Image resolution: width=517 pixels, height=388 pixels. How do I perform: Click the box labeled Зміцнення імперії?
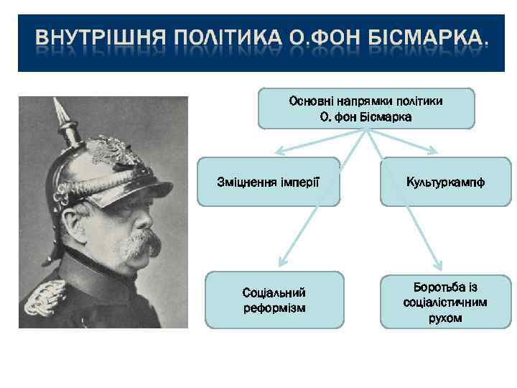click(268, 182)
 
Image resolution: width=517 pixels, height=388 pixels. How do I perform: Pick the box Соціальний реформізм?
click(274, 300)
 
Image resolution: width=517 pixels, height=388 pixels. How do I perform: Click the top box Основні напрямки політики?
click(365, 108)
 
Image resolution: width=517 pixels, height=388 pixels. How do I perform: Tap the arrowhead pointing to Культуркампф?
click(434, 152)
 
